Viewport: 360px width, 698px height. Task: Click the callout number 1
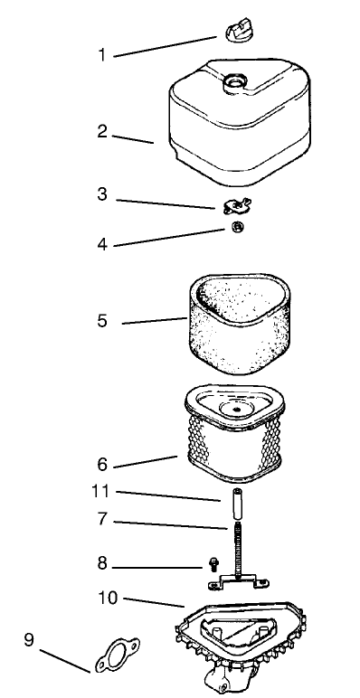click(x=102, y=54)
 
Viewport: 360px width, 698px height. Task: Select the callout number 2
click(x=102, y=132)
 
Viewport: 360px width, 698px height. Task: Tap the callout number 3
click(x=102, y=195)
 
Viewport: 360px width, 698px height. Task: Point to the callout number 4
click(x=102, y=243)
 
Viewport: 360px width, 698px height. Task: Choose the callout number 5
click(x=102, y=320)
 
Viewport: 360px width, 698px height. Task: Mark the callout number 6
click(x=102, y=465)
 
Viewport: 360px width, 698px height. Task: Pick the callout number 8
click(x=102, y=563)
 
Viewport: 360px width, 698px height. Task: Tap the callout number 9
click(x=30, y=641)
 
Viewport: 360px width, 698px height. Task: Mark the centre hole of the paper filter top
click(x=236, y=408)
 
